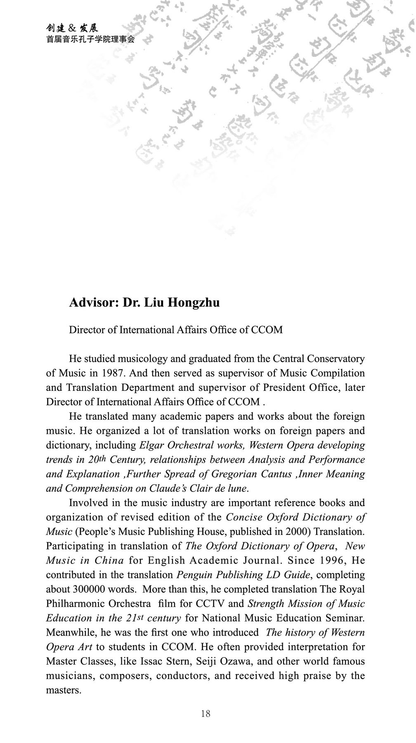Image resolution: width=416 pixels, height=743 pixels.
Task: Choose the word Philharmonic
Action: pos(75,603)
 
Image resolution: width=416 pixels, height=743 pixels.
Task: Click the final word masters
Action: pos(63,690)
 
